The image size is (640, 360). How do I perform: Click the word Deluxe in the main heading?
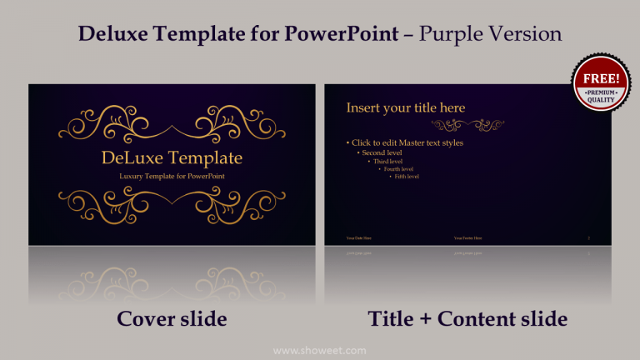(x=114, y=34)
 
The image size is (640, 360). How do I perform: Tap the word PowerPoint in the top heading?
(x=341, y=34)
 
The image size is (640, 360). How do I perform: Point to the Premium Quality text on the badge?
(x=601, y=96)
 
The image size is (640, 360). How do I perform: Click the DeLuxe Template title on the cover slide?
(x=172, y=157)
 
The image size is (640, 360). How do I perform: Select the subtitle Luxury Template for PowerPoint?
(x=172, y=176)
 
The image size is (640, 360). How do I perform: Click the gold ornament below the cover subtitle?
(x=172, y=205)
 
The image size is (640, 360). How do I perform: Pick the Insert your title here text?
(x=406, y=107)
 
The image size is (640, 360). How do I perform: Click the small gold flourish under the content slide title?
(x=468, y=125)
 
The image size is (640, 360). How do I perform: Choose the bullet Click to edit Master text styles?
(x=406, y=143)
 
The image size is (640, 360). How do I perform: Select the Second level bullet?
(x=382, y=152)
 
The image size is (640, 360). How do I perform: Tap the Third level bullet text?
(x=387, y=161)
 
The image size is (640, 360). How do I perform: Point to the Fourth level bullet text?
(x=398, y=169)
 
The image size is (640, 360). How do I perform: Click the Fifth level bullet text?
(x=407, y=177)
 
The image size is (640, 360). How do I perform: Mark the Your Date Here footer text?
(x=359, y=237)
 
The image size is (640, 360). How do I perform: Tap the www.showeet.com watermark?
(x=319, y=350)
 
